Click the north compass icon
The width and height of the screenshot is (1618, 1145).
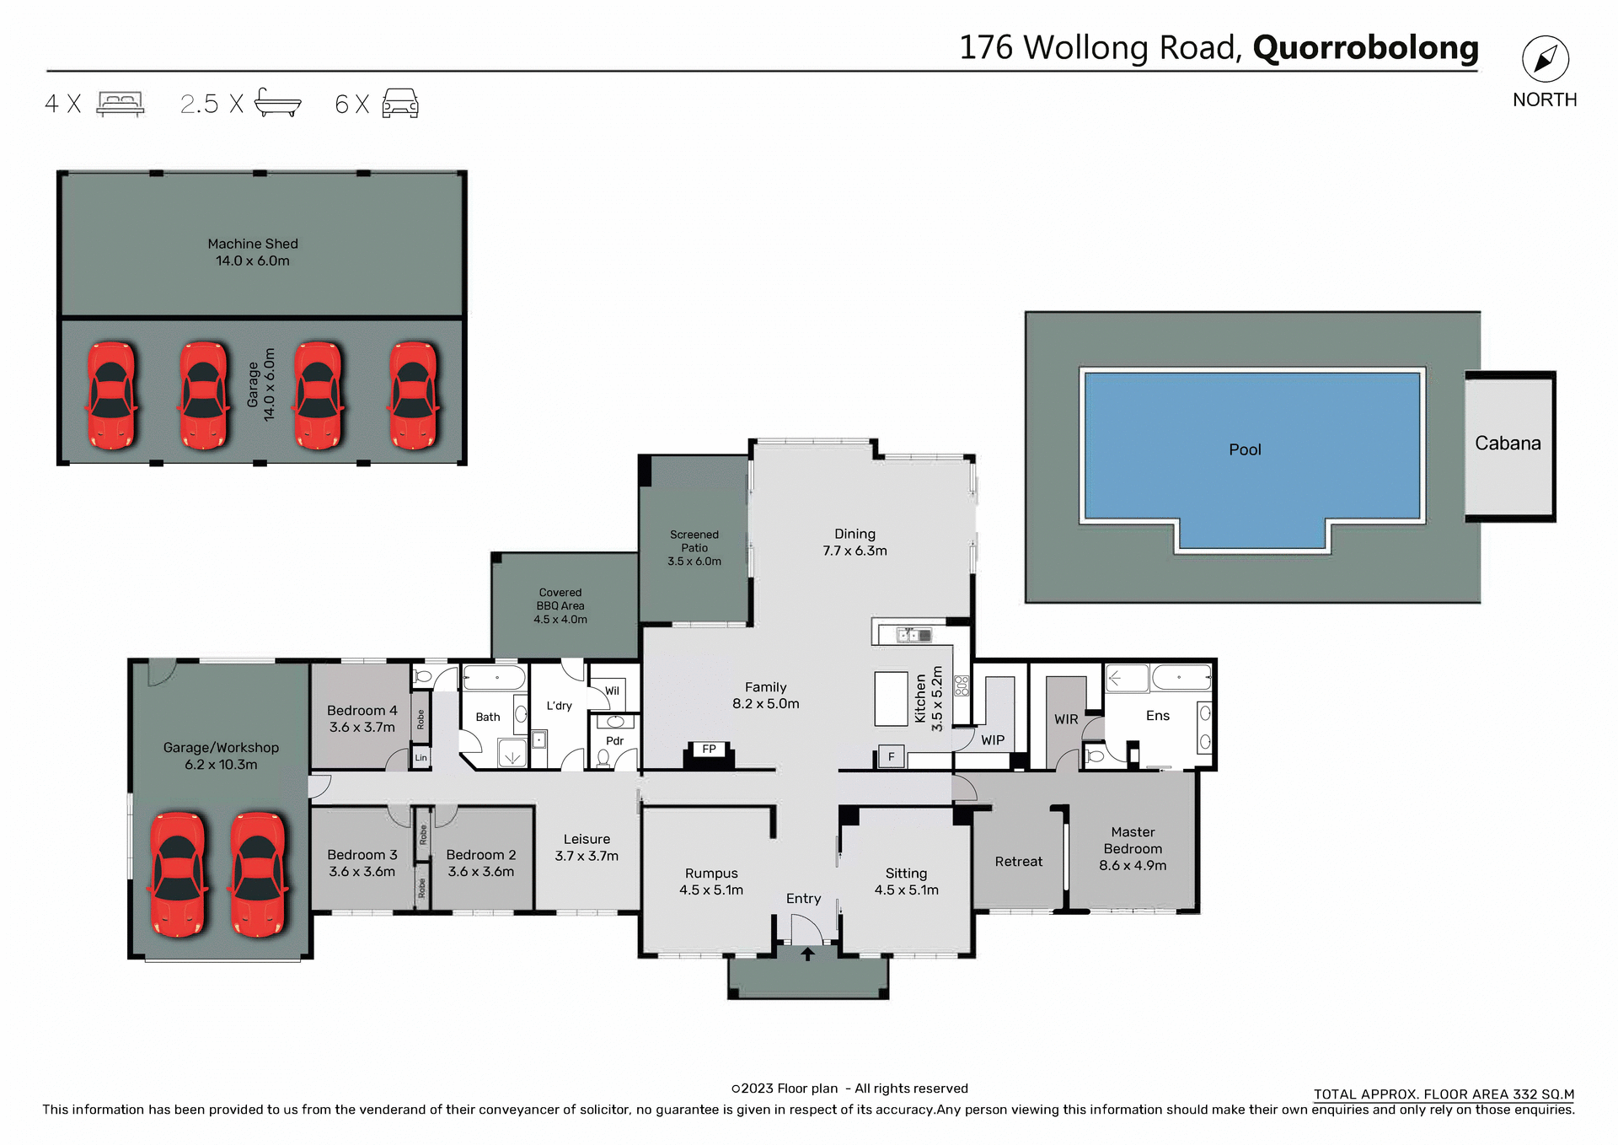click(x=1545, y=59)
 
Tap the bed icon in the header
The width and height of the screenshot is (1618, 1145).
click(x=121, y=104)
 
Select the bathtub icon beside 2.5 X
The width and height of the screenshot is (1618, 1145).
click(x=277, y=103)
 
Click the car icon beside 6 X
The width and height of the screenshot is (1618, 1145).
click(x=400, y=103)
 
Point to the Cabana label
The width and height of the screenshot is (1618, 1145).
click(x=1508, y=443)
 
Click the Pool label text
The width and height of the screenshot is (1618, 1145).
click(x=1245, y=449)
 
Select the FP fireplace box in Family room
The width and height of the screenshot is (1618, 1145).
click(x=709, y=749)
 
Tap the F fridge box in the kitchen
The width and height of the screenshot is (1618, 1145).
click(x=891, y=756)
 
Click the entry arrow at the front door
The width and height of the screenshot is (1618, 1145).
click(x=807, y=954)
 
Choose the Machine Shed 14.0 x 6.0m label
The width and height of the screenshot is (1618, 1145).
click(x=253, y=252)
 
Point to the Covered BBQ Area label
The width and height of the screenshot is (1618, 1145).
click(x=560, y=605)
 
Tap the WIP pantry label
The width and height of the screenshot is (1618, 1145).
click(x=993, y=739)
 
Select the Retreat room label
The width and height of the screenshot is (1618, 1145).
click(x=1018, y=861)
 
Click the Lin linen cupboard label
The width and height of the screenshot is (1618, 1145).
click(x=421, y=758)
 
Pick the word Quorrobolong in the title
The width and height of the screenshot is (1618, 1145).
click(x=1365, y=47)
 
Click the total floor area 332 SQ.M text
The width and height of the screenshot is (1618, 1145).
click(x=1444, y=1094)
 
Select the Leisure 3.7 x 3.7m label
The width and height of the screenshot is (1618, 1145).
click(x=587, y=847)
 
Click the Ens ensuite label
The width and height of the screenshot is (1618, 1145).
click(x=1157, y=715)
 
